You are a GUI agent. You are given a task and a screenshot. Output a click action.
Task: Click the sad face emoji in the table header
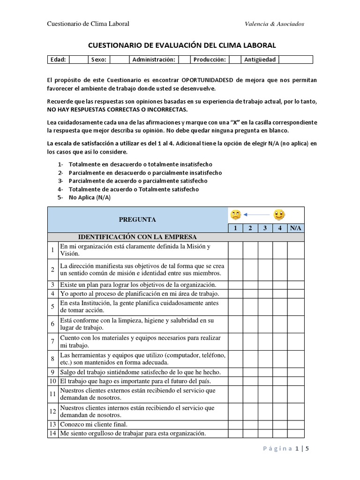235,215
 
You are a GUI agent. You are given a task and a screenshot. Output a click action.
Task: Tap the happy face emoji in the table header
279,215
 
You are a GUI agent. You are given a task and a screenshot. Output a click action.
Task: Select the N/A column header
296,228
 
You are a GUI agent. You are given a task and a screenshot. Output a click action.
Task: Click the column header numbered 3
265,228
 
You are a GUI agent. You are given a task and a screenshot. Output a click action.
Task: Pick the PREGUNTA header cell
137,219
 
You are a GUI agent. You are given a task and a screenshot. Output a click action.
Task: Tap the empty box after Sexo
120,60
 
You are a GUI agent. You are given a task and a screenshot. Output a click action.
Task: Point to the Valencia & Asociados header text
274,24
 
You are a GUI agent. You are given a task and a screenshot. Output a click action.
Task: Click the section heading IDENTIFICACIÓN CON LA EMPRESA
137,237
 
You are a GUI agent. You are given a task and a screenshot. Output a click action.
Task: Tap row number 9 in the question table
53,372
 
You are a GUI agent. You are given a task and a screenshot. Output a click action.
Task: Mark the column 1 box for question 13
235,424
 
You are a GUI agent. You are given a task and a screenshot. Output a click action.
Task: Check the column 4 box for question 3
280,285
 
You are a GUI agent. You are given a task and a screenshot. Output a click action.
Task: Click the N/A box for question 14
296,433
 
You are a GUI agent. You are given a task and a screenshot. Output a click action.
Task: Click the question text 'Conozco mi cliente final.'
94,424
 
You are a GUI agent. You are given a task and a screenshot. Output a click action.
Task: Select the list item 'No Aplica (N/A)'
90,197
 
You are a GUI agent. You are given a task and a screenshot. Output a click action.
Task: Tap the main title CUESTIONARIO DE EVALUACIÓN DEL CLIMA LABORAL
182,45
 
